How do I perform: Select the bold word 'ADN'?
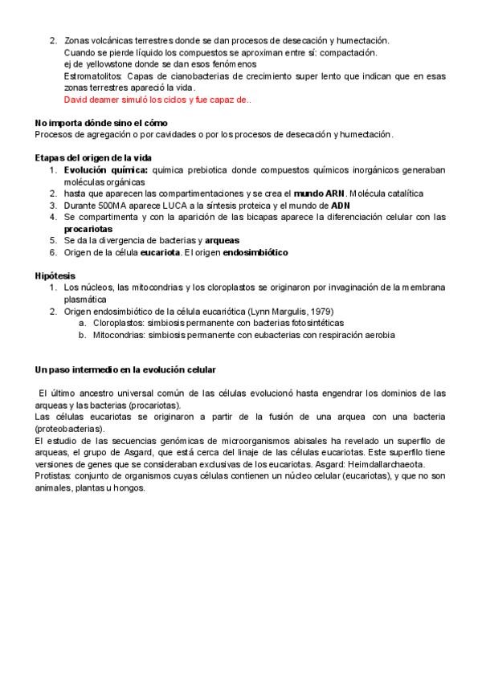pyautogui.click(x=341, y=206)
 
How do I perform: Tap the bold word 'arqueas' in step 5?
pyautogui.click(x=222, y=240)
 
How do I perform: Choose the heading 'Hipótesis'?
pyautogui.click(x=55, y=275)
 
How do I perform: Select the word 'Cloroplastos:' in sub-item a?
pyautogui.click(x=119, y=323)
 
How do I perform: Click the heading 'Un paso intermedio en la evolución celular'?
pyautogui.click(x=125, y=369)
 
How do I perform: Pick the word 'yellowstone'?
pyautogui.click(x=104, y=64)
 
